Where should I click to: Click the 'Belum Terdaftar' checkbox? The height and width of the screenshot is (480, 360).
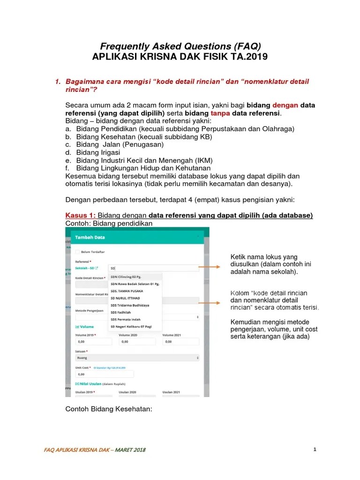[x=78, y=251]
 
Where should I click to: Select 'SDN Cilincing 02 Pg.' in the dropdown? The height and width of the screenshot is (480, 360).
[x=126, y=277]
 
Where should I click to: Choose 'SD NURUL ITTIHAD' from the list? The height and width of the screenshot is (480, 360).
[x=124, y=298]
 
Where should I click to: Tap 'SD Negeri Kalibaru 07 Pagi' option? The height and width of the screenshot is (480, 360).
[x=133, y=326]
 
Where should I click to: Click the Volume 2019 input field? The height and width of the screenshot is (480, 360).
[x=93, y=342]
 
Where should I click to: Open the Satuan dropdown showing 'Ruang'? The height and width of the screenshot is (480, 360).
[x=137, y=358]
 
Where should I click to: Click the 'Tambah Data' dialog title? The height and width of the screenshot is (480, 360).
[x=90, y=237]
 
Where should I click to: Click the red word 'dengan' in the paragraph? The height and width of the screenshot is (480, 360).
[x=285, y=105]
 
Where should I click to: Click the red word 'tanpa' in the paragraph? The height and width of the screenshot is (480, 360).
[x=220, y=113]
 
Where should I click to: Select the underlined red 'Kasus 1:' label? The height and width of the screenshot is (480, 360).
[x=80, y=215]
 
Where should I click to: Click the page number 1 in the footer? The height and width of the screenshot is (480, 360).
[x=315, y=450]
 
